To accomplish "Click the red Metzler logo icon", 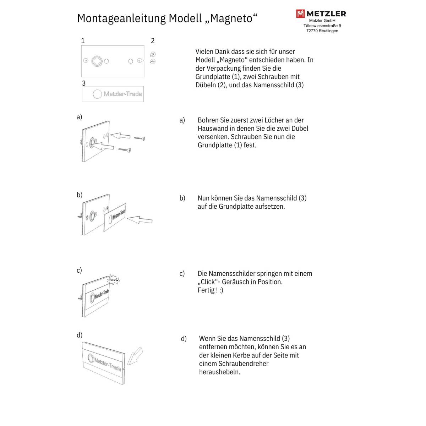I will click(300, 14).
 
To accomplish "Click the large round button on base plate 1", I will click(96, 61).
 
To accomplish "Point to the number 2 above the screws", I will click(153, 41).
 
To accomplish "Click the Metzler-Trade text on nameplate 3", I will click(122, 94).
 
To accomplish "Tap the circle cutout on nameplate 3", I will click(97, 94).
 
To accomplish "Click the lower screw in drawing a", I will click(125, 151).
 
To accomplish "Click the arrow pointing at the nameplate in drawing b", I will click(140, 220).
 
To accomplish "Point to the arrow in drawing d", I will click(135, 356).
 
